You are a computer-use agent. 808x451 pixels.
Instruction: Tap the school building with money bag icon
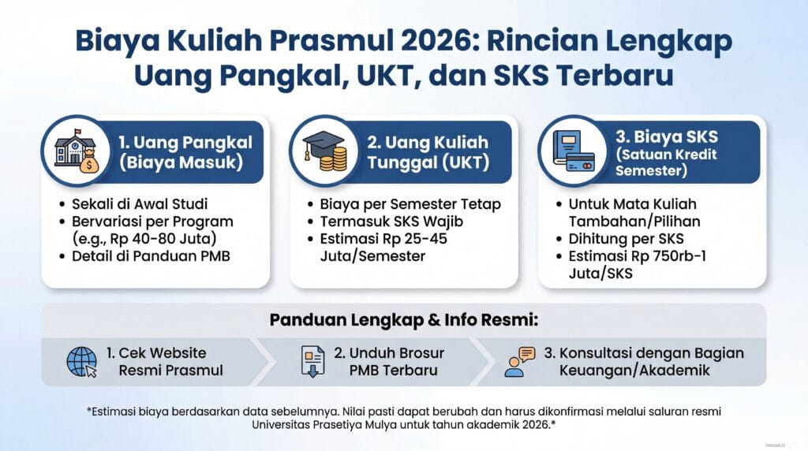pos(76,151)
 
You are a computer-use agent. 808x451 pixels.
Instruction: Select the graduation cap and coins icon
pos(324,151)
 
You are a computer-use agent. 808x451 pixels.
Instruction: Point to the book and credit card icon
pos(574,151)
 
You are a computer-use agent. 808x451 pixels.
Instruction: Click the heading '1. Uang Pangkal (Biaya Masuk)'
pos(185,152)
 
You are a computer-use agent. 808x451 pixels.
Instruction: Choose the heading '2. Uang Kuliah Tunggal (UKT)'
pos(428,152)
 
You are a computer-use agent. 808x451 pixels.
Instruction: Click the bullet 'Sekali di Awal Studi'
pos(140,204)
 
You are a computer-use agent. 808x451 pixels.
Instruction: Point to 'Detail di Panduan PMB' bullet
pos(151,256)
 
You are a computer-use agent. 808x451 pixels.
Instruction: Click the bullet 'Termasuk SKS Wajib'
pos(391,222)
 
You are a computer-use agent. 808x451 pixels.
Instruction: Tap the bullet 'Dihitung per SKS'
pos(626,239)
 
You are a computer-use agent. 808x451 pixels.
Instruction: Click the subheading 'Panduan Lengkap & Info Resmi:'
pos(403,319)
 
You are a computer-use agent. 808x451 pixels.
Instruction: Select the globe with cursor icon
pos(82,362)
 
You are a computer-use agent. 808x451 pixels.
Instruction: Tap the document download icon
pos(312,361)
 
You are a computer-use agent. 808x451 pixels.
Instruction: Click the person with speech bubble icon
pos(520,361)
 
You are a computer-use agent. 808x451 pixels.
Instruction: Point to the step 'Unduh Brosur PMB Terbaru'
pos(389,361)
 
